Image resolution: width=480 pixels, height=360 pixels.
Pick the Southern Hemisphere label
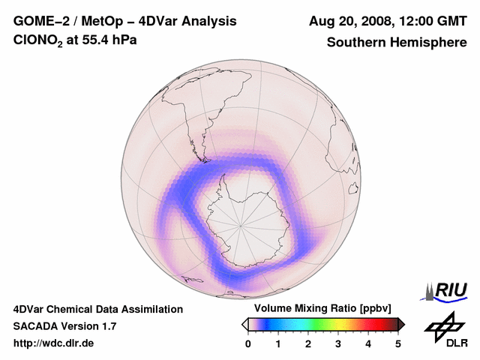(397, 42)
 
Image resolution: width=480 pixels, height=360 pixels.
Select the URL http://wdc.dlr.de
(54, 343)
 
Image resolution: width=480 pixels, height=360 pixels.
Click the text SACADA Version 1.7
(64, 326)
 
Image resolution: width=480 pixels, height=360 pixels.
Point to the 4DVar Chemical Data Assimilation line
(97, 309)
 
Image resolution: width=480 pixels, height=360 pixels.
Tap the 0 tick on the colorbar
(248, 343)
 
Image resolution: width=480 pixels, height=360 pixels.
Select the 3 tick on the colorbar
(338, 343)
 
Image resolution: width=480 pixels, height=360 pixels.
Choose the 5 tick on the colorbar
(398, 343)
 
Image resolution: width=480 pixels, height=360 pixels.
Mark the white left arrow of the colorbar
(244, 324)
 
